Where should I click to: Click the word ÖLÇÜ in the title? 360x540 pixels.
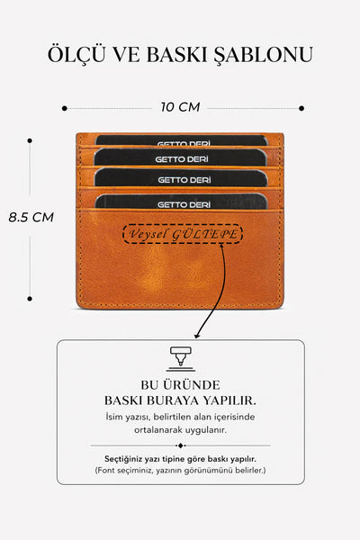[76, 54]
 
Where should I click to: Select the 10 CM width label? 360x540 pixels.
[180, 107]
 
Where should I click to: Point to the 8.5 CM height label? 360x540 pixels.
[31, 217]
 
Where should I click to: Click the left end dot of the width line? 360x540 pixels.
[65, 108]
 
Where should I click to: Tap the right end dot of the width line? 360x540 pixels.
[301, 108]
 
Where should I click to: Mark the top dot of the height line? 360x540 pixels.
[30, 140]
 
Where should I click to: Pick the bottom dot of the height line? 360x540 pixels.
[30, 299]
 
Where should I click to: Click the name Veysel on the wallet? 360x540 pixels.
[148, 234]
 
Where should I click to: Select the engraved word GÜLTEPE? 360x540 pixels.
[205, 235]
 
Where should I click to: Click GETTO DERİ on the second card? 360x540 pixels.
[182, 159]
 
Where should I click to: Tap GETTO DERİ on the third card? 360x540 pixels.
[184, 180]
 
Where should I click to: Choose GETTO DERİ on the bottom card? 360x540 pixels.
[184, 205]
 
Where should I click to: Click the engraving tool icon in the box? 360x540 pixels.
[181, 359]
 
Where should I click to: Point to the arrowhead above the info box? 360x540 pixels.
[197, 335]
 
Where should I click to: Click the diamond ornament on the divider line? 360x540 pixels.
[181, 445]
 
